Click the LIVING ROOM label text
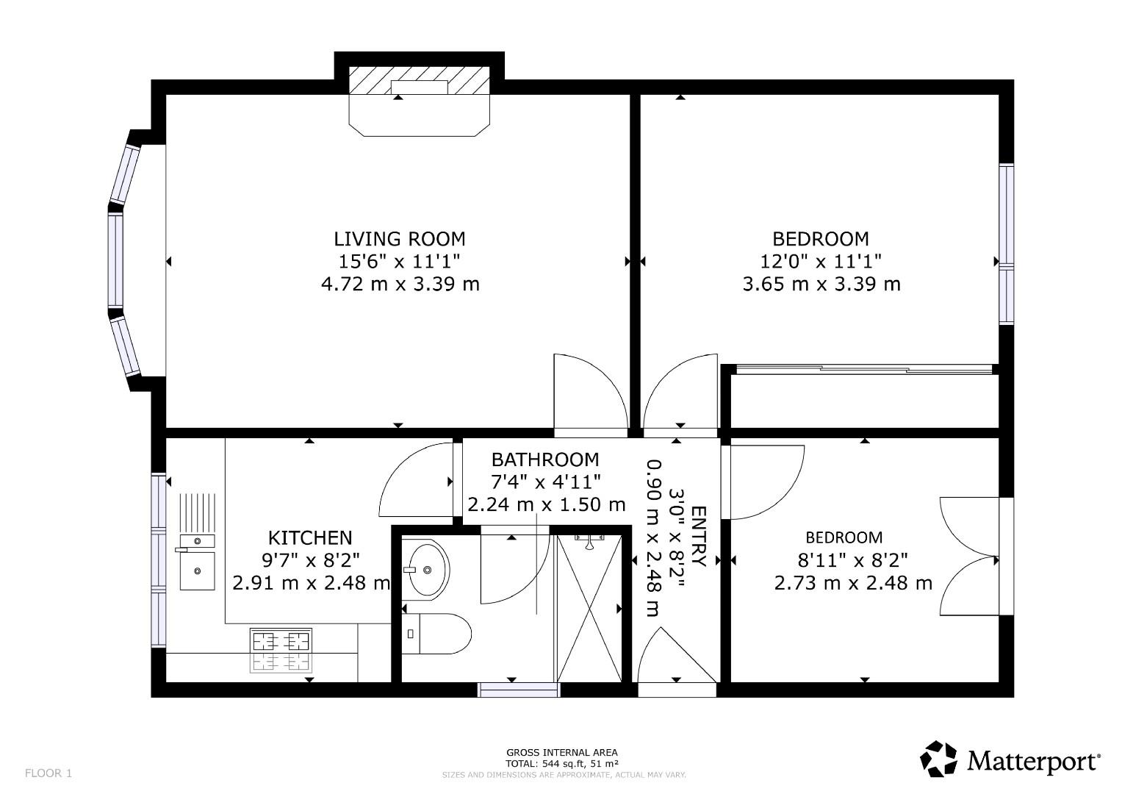pos(399,239)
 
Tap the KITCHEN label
pos(309,537)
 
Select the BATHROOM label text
pos(544,460)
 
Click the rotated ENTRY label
pos(698,537)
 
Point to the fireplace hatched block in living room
pos(419,79)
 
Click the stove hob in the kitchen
pos(281,650)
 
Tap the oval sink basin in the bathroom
pos(428,569)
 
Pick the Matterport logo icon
pos(939,759)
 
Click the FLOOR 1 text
pos(48,773)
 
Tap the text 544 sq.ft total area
pos(561,763)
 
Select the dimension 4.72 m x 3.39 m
pos(400,284)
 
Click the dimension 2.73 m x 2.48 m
pos(853,584)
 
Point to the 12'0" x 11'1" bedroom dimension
pos(820,261)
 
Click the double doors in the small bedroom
pos(968,557)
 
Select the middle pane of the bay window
pos(115,261)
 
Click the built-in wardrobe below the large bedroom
pos(863,401)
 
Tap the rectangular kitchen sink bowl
pos(196,571)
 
